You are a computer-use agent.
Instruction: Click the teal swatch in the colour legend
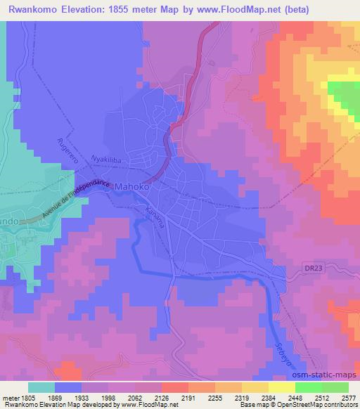pos(41,387)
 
